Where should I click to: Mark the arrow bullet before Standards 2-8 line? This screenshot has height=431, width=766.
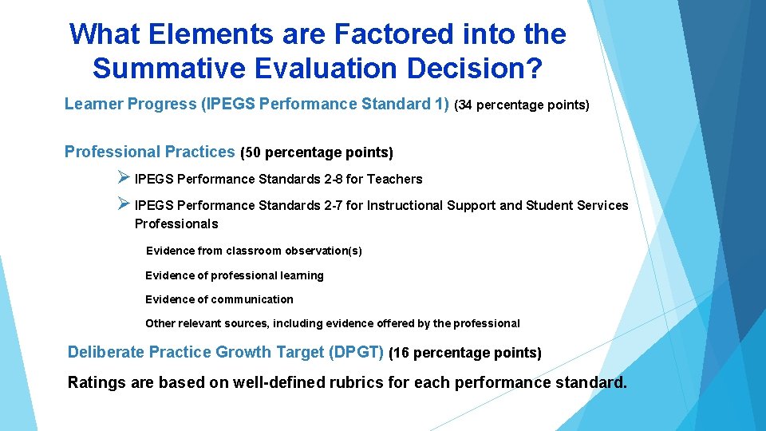[x=123, y=178]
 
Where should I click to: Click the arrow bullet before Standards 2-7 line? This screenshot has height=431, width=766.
[x=123, y=204]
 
